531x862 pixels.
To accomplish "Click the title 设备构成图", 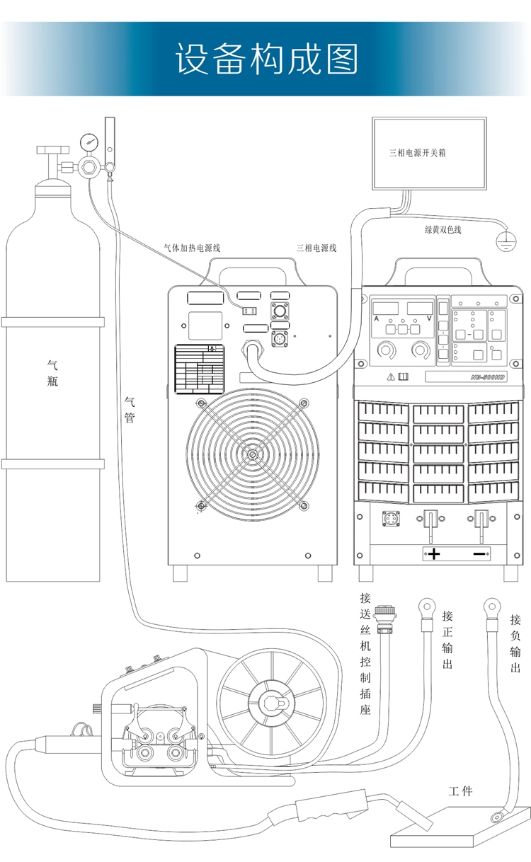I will click(x=266, y=59).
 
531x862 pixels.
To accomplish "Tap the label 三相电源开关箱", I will click(x=418, y=153).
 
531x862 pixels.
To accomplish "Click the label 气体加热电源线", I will click(x=192, y=248).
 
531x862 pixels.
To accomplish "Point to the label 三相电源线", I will click(x=316, y=248).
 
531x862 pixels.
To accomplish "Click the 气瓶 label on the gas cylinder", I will click(x=52, y=373).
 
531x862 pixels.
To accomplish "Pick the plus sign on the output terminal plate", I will click(x=433, y=553).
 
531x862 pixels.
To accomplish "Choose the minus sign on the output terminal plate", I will click(x=479, y=553).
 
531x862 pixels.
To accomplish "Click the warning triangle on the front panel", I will click(x=389, y=377).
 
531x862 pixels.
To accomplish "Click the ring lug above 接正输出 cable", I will click(x=426, y=606).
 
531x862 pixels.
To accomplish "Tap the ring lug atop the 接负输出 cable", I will click(x=491, y=606).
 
